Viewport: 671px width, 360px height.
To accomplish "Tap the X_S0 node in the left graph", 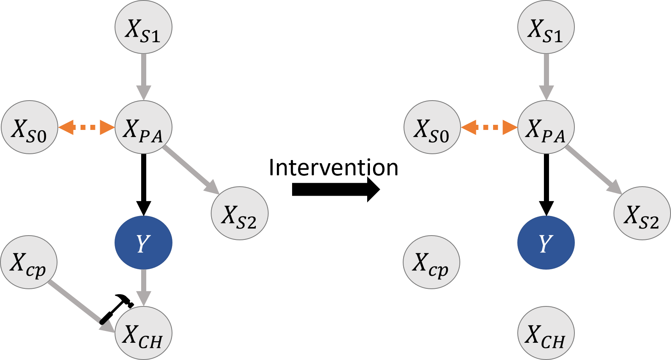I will tap(30, 128).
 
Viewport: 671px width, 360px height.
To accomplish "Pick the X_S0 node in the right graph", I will tap(432, 128).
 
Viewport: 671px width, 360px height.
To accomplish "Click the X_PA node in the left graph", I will tap(144, 128).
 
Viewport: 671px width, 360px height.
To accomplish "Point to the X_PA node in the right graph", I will tap(546, 128).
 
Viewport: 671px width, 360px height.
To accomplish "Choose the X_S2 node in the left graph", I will tap(240, 213).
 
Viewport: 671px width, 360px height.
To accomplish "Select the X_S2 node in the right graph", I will tap(642, 213).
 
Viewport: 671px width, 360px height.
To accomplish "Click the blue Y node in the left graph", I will tap(144, 243).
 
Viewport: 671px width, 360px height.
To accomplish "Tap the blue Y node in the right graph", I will tap(546, 243).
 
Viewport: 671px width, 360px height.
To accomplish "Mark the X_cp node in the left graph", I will tap(29, 262).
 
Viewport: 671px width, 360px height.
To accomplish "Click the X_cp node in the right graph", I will tap(431, 262).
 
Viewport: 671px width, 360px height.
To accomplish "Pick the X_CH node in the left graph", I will tap(144, 334).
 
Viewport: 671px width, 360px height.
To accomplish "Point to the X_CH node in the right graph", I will tap(546, 334).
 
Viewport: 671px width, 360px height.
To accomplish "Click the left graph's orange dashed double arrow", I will tap(86, 127).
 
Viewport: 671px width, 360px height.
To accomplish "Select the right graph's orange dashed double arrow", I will tap(489, 127).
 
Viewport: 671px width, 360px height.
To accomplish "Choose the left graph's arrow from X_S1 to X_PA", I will tap(144, 76).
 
